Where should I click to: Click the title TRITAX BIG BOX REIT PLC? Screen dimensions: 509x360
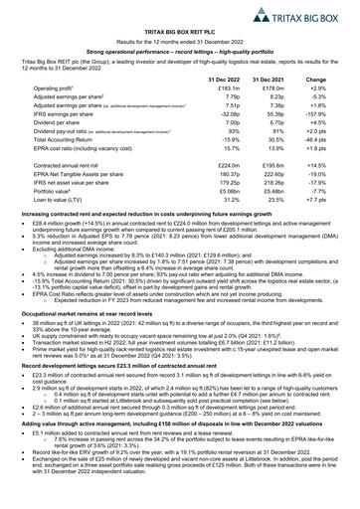179,34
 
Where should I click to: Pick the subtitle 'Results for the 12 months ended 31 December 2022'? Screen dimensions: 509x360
179,45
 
